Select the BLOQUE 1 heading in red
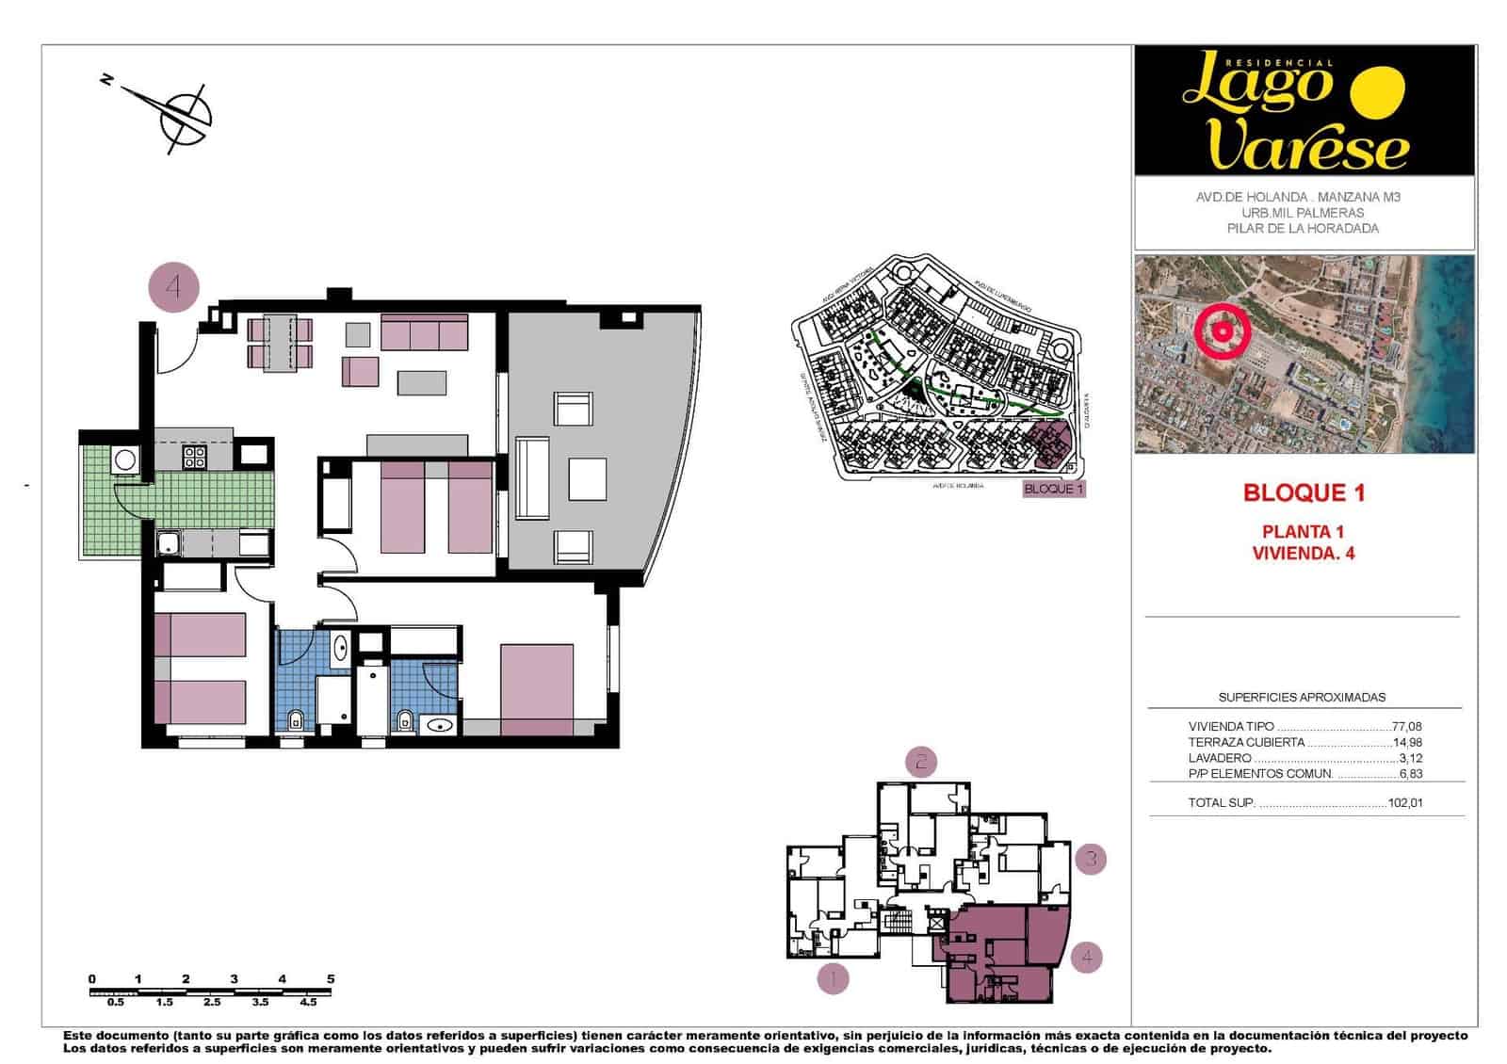click(x=1304, y=492)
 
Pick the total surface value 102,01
click(x=1405, y=804)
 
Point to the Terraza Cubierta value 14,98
click(x=1406, y=742)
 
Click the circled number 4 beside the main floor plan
click(x=174, y=286)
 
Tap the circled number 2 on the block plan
click(x=920, y=761)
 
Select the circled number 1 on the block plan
click(x=832, y=979)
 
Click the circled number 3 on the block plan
click(x=1091, y=859)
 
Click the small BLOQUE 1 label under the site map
click(x=1054, y=489)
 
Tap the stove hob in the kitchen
click(x=195, y=458)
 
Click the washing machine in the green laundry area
click(x=124, y=460)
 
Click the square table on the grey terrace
click(x=587, y=478)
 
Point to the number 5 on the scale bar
click(x=330, y=979)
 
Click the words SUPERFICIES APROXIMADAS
click(x=1302, y=698)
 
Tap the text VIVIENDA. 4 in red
click(x=1304, y=554)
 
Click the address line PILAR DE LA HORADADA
click(x=1303, y=229)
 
